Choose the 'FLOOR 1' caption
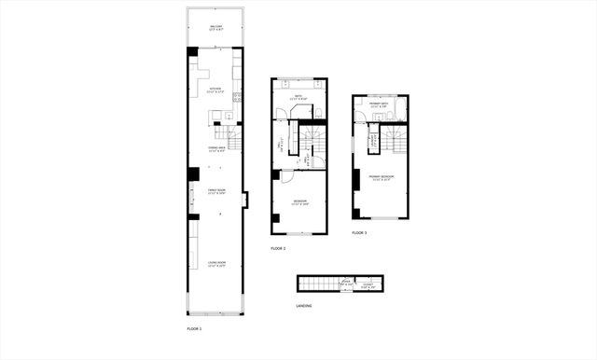[194, 328]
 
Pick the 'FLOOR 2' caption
[278, 248]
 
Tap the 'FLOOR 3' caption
[359, 232]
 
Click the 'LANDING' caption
[304, 305]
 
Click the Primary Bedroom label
[381, 177]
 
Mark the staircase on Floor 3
[396, 140]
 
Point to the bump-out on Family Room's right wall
[244, 199]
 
